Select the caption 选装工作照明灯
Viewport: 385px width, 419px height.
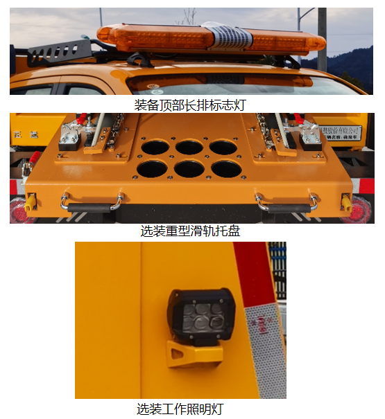(x=180, y=409)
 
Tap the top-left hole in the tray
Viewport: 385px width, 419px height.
(x=153, y=148)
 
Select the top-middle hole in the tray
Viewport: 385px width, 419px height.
(x=189, y=147)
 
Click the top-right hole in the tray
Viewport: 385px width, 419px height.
(x=224, y=148)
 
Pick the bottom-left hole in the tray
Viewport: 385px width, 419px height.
(x=151, y=170)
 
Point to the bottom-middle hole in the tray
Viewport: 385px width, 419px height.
(x=189, y=170)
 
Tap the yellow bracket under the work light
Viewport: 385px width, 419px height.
(x=192, y=355)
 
